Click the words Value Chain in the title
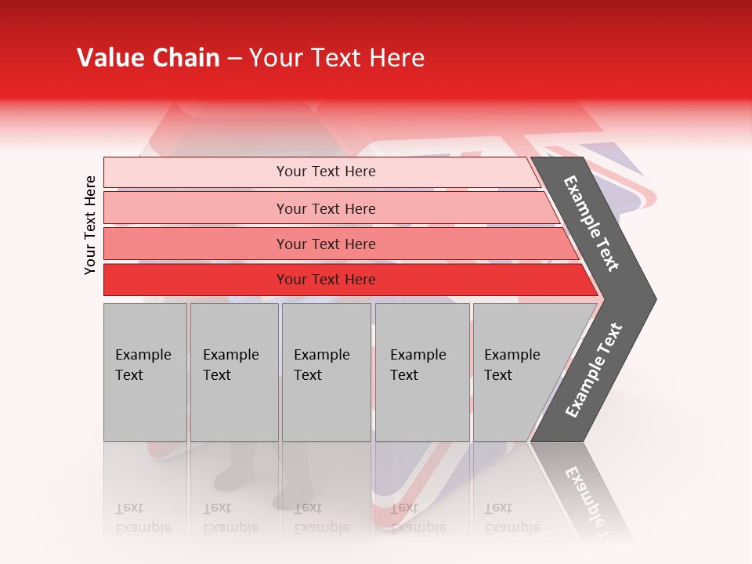148,58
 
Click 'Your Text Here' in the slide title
337,58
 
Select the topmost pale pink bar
196,172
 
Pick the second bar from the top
196,208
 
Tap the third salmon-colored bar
196,244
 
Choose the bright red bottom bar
196,280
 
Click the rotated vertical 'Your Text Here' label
90,225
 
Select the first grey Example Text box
145,407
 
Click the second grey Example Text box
234,407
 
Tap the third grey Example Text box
326,407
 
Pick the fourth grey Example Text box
421,407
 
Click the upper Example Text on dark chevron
591,223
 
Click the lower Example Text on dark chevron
593,371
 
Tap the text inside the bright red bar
326,280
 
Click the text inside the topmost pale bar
326,172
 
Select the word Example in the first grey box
143,355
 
